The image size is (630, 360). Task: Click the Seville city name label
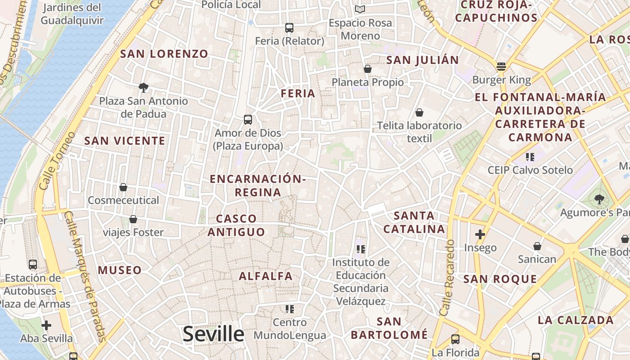click(213, 334)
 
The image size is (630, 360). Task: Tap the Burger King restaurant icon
click(501, 67)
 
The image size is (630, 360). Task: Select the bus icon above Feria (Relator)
click(289, 28)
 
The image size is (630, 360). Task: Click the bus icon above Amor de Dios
click(248, 120)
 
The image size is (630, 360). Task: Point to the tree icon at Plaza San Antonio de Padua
click(144, 87)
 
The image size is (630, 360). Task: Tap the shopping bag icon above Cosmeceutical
click(123, 187)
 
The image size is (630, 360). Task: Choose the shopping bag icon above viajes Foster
click(133, 219)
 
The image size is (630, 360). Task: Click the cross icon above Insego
click(480, 234)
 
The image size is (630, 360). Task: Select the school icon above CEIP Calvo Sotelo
click(530, 157)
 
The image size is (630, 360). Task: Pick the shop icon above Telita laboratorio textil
click(419, 112)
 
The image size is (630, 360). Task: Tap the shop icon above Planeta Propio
click(368, 69)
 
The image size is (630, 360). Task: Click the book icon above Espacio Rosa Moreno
click(360, 9)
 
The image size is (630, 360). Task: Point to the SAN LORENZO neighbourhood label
click(164, 54)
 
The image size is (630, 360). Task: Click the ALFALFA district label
click(265, 276)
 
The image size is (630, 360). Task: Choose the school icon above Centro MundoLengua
click(289, 309)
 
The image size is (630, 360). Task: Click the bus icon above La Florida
click(455, 339)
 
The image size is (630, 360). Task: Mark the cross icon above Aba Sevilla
click(46, 325)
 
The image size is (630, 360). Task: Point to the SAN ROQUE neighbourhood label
click(500, 279)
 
